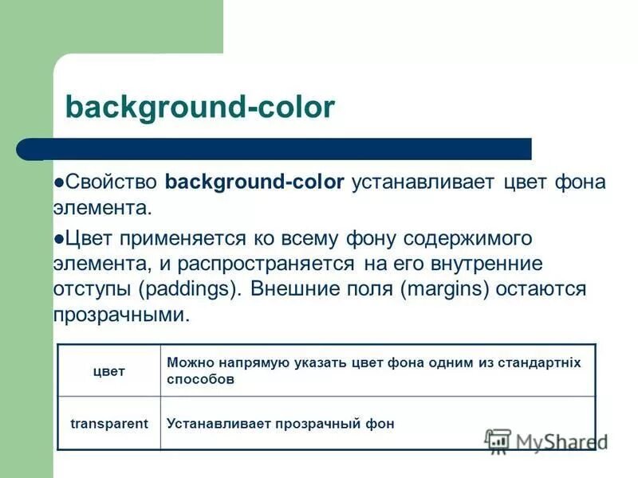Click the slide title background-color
coord(199,107)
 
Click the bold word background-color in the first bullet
coord(254,182)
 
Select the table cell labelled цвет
coord(109,371)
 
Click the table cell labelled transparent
coord(109,424)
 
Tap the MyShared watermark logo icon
coord(498,441)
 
